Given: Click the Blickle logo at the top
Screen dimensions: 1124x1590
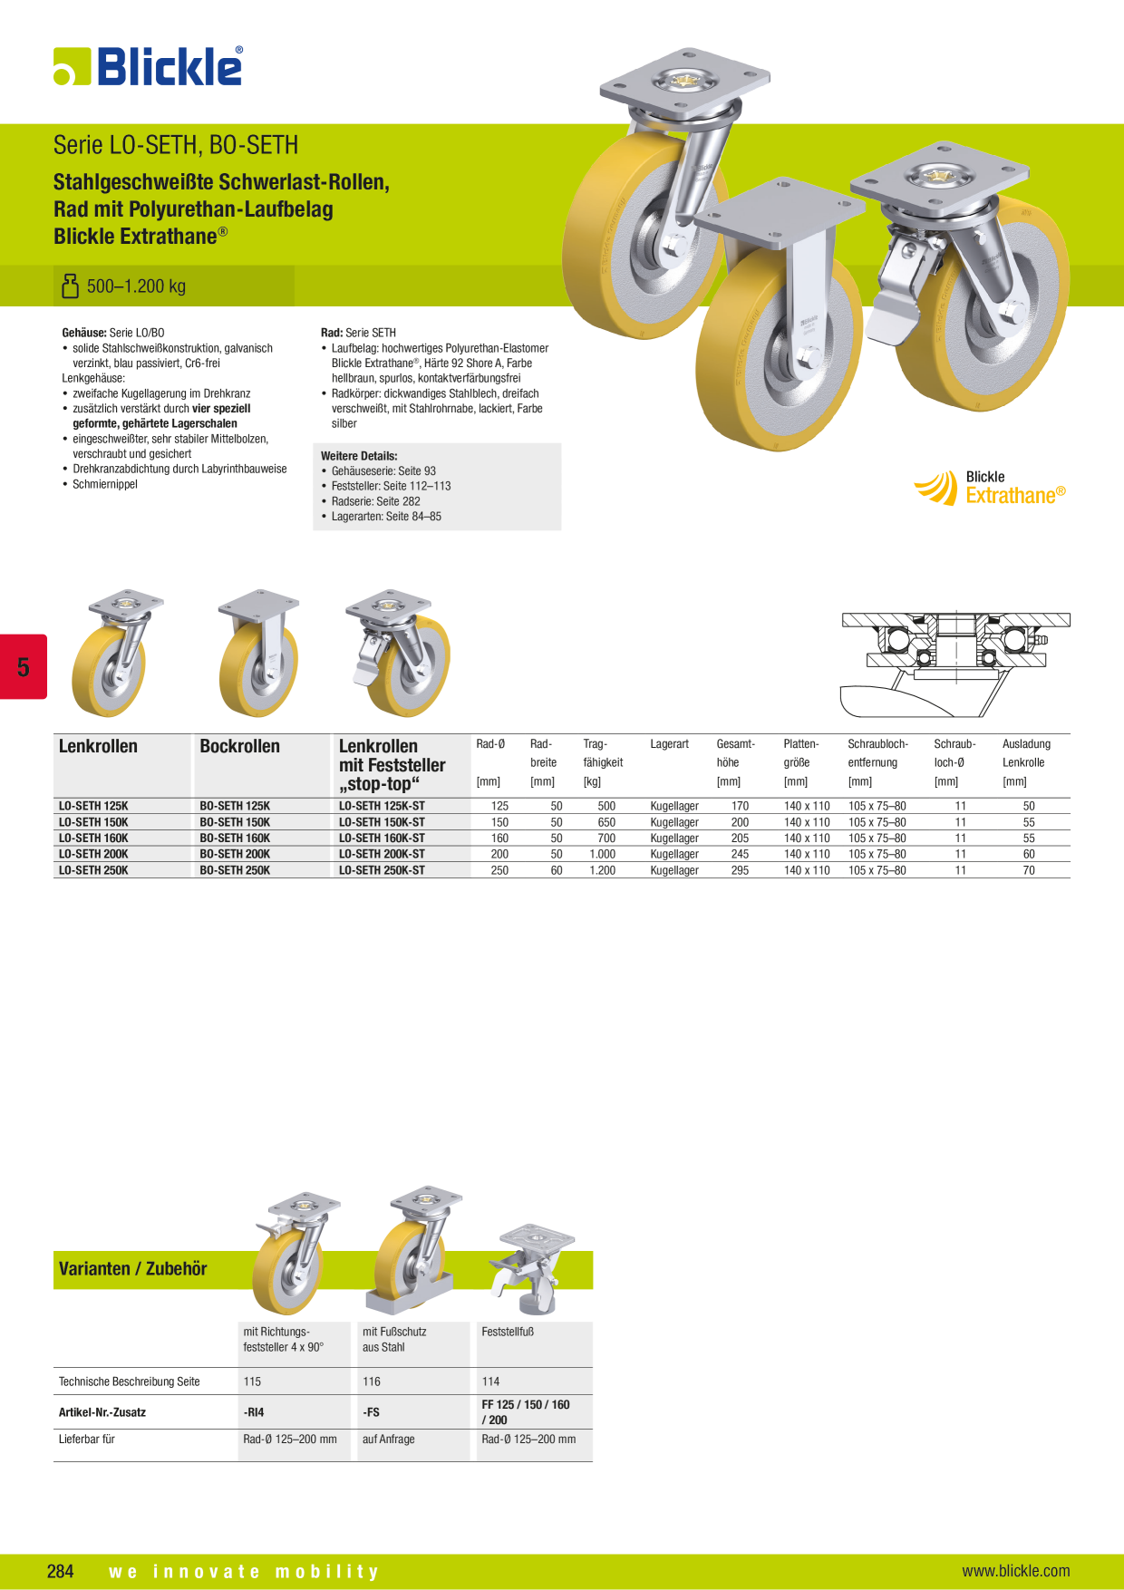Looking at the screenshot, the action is (148, 66).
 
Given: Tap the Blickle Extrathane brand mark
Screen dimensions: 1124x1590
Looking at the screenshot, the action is (990, 488).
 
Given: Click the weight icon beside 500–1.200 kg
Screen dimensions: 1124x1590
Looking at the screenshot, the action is (70, 286).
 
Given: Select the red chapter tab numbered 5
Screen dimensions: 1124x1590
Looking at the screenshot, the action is (23, 666).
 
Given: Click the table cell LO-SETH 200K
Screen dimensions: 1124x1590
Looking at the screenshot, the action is (93, 854).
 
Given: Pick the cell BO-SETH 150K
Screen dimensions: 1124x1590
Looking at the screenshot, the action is (235, 822).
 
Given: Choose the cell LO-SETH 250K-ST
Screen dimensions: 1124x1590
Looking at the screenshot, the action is (382, 870).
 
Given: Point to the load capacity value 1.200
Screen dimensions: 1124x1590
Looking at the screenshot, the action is (602, 870).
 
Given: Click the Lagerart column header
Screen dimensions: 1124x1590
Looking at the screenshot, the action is (669, 744).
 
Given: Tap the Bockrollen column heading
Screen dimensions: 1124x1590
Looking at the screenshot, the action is (239, 746).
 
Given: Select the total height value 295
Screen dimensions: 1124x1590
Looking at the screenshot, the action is (740, 870).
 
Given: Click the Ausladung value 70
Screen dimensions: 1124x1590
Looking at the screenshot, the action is (1029, 870).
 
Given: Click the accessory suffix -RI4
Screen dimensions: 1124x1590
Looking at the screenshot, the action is (254, 1412).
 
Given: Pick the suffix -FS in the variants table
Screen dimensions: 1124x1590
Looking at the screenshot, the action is (371, 1412).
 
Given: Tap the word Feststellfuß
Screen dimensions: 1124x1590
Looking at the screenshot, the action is (508, 1332).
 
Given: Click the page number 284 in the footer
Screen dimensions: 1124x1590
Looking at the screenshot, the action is (61, 1571).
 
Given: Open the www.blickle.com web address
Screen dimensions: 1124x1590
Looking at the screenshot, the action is (1015, 1571).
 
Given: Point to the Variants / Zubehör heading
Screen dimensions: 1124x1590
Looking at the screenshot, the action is (132, 1269).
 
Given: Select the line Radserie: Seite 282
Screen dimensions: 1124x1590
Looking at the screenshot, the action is (375, 501).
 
